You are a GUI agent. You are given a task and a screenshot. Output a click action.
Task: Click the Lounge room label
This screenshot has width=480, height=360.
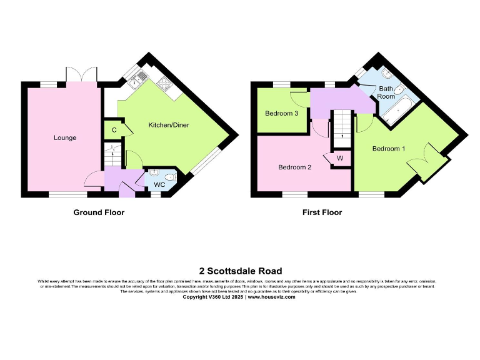pyautogui.click(x=65, y=137)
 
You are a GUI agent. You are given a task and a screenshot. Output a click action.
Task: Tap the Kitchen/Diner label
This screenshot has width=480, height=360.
pyautogui.click(x=168, y=125)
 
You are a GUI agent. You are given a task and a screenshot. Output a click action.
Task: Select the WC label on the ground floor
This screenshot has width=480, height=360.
pyautogui.click(x=159, y=185)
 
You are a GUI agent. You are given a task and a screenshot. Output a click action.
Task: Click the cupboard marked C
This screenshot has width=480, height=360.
pyautogui.click(x=114, y=130)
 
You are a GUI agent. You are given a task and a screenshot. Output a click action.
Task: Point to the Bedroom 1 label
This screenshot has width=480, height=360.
pyautogui.click(x=389, y=149)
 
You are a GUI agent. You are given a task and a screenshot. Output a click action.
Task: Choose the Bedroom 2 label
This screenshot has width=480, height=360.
pyautogui.click(x=294, y=167)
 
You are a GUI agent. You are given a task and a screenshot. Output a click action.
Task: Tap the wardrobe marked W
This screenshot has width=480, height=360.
pyautogui.click(x=340, y=158)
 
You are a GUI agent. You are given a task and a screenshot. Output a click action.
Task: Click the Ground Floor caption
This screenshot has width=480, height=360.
pyautogui.click(x=99, y=212)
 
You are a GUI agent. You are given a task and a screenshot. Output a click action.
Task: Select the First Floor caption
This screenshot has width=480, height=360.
pyautogui.click(x=322, y=212)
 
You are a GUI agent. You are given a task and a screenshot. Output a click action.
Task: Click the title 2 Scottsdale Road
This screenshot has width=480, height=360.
pyautogui.click(x=240, y=271)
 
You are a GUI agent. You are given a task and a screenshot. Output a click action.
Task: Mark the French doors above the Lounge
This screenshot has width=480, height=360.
pyautogui.click(x=82, y=74)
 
